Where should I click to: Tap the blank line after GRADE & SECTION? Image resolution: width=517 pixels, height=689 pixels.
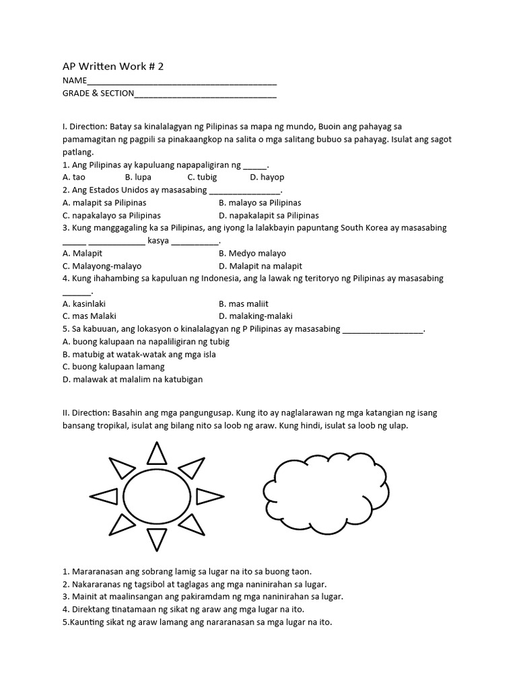[205, 96]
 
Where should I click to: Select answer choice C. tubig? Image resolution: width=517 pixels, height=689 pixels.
[201, 177]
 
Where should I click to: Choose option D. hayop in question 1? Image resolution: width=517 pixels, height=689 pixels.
[267, 177]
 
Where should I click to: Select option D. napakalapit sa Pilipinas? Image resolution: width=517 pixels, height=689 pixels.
[269, 215]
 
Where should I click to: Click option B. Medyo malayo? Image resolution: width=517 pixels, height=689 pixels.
[252, 253]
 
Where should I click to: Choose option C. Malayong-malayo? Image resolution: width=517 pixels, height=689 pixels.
[102, 266]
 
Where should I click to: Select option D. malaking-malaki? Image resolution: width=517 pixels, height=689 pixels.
[256, 316]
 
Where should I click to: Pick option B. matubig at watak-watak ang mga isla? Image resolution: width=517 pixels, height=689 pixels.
[139, 354]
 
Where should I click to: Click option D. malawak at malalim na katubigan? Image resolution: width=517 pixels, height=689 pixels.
[133, 379]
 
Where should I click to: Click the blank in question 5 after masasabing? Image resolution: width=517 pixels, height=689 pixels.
[383, 330]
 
